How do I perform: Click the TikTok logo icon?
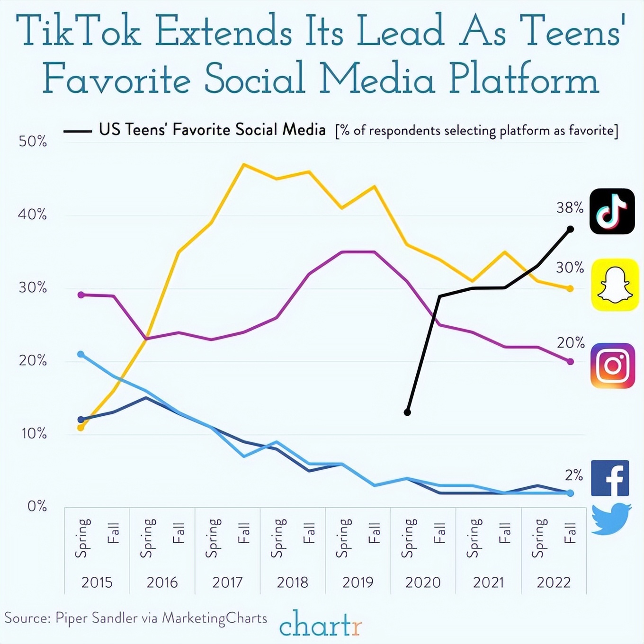pyautogui.click(x=612, y=211)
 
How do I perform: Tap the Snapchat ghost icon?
pyautogui.click(x=615, y=285)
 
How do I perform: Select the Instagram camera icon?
pyautogui.click(x=612, y=366)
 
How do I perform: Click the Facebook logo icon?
pyautogui.click(x=610, y=478)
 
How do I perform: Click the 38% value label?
pyautogui.click(x=570, y=207)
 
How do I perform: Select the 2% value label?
pyautogui.click(x=573, y=474)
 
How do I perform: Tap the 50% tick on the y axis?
pyautogui.click(x=33, y=141)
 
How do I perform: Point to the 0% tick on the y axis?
pyautogui.click(x=37, y=506)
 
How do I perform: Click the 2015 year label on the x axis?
pyautogui.click(x=97, y=582)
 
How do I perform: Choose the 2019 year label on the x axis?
pyautogui.click(x=358, y=582)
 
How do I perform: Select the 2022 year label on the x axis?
pyautogui.click(x=554, y=582)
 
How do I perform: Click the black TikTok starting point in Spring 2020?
pyautogui.click(x=407, y=412)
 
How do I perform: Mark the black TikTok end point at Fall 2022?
pyautogui.click(x=570, y=229)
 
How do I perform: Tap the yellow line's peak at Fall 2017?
pyautogui.click(x=243, y=164)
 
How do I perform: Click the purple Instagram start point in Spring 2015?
pyautogui.click(x=80, y=295)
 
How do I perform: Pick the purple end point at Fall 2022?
pyautogui.click(x=570, y=362)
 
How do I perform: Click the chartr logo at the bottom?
pyautogui.click(x=321, y=624)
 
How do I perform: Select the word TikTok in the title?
pyautogui.click(x=79, y=31)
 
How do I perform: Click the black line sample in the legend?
pyautogui.click(x=78, y=131)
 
